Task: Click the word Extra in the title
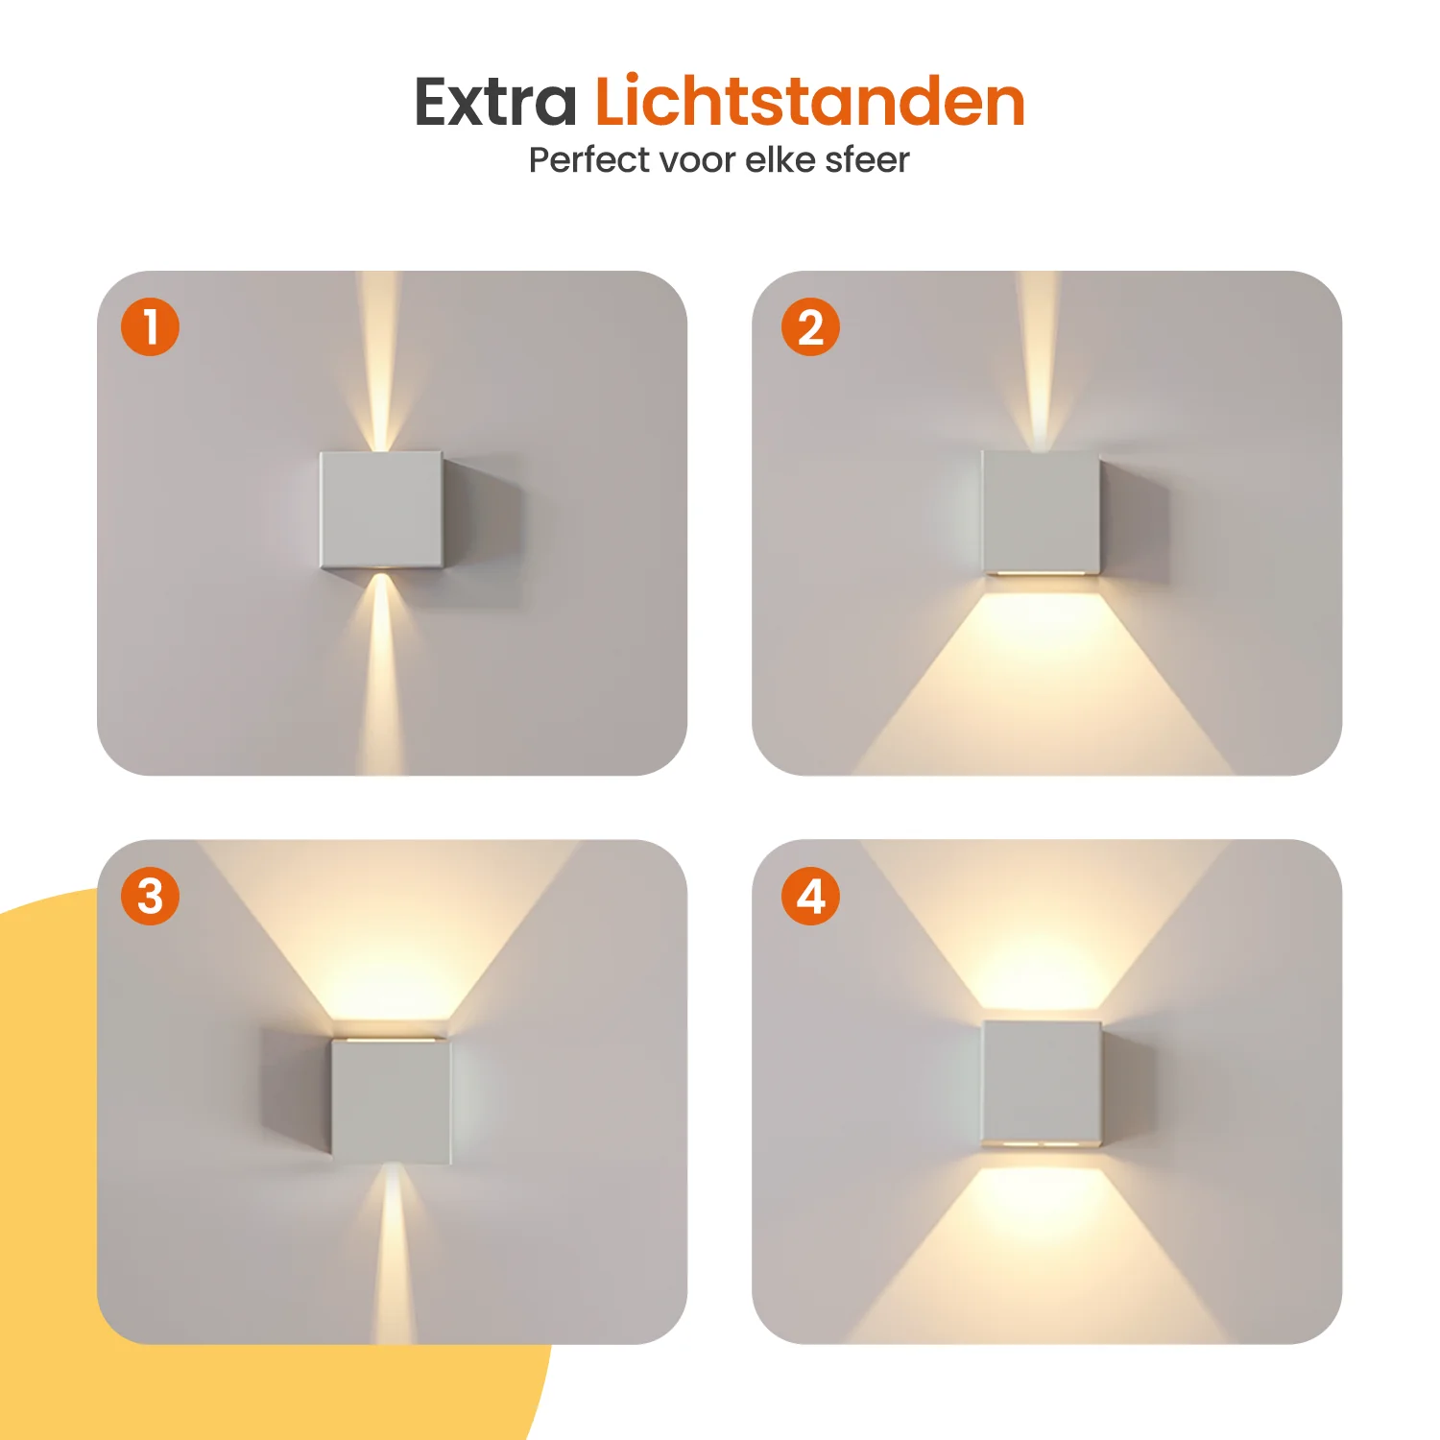(x=495, y=102)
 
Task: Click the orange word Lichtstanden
(x=810, y=101)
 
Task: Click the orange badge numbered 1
(x=150, y=326)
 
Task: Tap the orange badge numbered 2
(x=810, y=326)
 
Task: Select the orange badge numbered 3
(x=150, y=896)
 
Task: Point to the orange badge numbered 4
(x=810, y=896)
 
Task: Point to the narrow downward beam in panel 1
(x=381, y=673)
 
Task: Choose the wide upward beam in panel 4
(x=1043, y=924)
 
